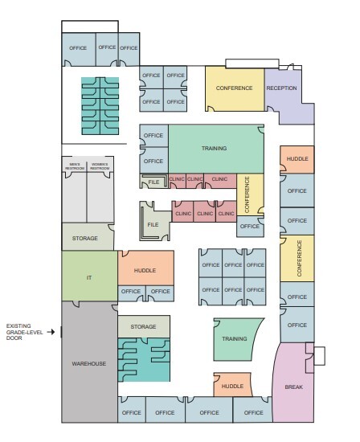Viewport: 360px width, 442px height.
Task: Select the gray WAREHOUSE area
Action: (x=89, y=363)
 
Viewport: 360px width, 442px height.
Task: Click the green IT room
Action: (x=89, y=276)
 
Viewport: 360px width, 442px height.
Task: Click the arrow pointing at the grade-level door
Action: (x=53, y=330)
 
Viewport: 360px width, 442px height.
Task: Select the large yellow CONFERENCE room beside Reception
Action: (x=234, y=88)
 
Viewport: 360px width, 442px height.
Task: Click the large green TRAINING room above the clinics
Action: (x=215, y=148)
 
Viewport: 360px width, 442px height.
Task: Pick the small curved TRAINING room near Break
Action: (x=235, y=339)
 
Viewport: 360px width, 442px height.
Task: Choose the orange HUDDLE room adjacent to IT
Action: (x=145, y=271)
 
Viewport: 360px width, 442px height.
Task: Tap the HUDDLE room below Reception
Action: (x=297, y=159)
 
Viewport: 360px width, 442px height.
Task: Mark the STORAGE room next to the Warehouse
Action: (x=144, y=326)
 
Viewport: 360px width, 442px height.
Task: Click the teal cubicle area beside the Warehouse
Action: (x=143, y=359)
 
